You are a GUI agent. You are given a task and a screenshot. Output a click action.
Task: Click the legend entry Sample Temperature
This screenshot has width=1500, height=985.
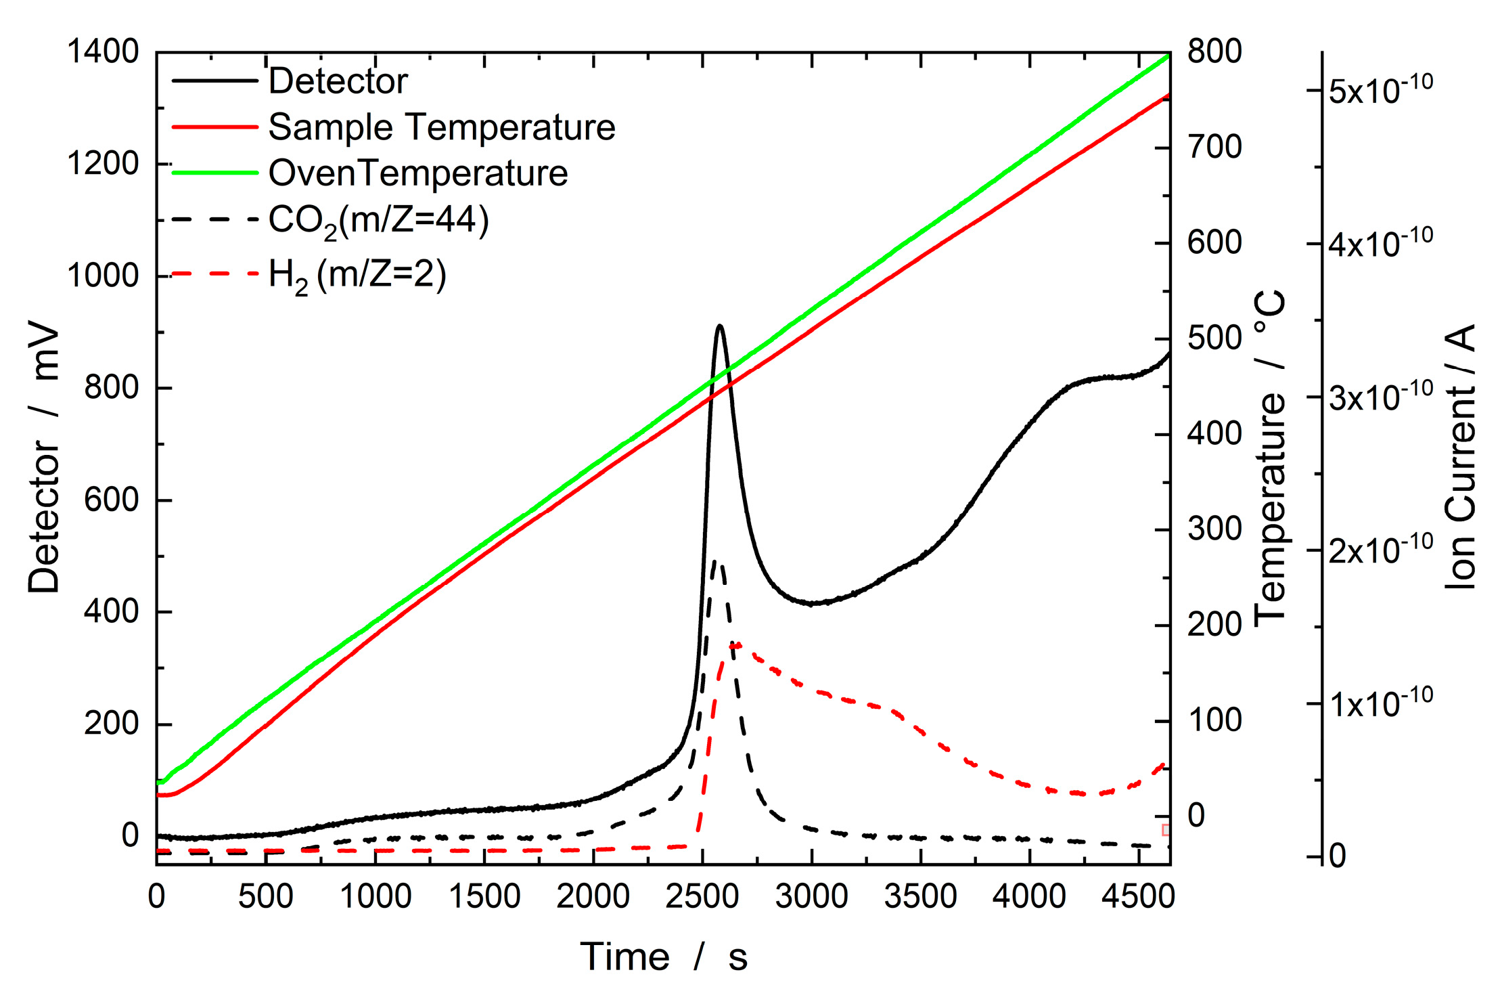441,127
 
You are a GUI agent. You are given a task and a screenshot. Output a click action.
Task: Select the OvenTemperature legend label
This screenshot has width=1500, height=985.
417,173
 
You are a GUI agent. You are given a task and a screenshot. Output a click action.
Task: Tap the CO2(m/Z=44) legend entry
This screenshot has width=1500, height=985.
378,221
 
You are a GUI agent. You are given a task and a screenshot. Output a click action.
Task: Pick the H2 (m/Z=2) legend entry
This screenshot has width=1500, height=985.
357,276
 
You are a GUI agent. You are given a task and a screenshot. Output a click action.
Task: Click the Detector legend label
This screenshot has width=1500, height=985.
338,81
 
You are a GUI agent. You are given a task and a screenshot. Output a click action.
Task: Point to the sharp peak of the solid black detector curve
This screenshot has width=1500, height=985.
720,326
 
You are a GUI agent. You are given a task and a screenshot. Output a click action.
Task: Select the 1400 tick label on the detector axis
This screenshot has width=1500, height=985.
103,51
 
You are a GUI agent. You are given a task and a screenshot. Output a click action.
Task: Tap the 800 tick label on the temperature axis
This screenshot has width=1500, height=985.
1214,51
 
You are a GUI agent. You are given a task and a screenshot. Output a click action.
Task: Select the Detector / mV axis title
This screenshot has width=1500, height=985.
44,460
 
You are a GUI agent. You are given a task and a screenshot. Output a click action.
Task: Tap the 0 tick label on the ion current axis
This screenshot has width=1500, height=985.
1338,856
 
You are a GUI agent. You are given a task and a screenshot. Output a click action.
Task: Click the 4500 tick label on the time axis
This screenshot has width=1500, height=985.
1138,897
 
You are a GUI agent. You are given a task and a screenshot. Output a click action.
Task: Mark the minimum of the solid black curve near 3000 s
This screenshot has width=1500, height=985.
814,603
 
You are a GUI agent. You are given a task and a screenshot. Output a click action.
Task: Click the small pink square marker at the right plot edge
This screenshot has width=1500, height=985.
1165,830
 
